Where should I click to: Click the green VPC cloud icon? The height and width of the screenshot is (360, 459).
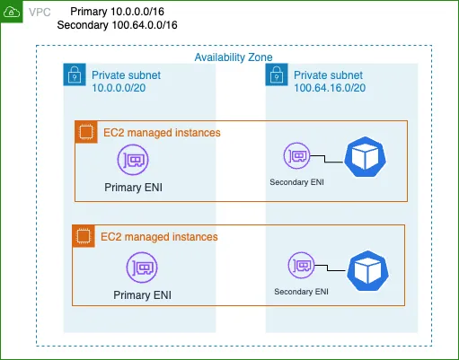pos(12,12)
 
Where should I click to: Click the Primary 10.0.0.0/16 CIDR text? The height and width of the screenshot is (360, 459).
pos(117,12)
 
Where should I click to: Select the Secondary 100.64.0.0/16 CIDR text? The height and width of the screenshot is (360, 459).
pos(117,25)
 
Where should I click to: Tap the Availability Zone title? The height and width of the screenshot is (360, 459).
pos(234,57)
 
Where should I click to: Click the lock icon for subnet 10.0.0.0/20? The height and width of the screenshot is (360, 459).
pos(75,75)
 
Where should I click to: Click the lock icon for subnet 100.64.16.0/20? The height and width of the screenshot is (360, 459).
pos(277,75)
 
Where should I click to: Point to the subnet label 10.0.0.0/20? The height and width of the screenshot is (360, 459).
pos(119,88)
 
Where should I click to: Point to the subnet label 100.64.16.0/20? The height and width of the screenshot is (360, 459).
pos(330,88)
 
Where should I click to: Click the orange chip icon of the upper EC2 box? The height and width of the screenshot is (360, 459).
pos(86,132)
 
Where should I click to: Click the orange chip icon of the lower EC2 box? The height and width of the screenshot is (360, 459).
pos(84,236)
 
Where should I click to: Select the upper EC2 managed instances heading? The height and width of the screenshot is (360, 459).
pos(162,133)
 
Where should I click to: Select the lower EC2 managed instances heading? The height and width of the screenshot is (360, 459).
pos(159,237)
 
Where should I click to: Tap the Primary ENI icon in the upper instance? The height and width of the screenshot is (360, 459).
pos(133,160)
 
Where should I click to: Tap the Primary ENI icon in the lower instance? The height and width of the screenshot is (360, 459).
pos(142,268)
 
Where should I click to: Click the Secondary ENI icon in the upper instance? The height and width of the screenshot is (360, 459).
pos(297,156)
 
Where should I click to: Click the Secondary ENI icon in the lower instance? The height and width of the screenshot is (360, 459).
pos(302,266)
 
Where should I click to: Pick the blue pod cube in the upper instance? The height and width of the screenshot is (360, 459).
pos(365,156)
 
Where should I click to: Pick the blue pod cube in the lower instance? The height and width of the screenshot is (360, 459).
pos(368,271)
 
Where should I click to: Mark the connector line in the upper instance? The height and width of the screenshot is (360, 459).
pos(325,159)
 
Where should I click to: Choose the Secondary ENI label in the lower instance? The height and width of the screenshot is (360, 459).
pos(301,292)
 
